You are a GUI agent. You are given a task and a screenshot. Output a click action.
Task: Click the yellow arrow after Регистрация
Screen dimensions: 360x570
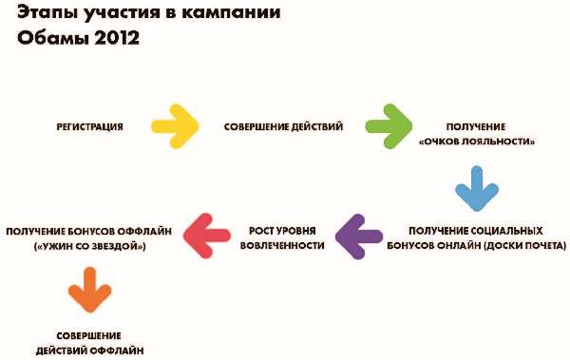tap(175, 125)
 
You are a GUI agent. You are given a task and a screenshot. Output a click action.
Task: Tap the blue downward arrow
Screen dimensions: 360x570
tap(475, 188)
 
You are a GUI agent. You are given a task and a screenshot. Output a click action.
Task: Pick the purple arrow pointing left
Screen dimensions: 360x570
tap(357, 237)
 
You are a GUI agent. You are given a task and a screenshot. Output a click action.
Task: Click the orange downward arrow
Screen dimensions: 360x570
tap(85, 288)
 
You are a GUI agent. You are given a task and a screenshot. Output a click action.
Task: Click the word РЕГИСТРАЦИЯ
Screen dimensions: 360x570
tap(88, 126)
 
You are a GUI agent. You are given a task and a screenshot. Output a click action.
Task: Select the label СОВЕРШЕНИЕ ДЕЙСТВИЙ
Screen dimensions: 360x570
tap(283, 126)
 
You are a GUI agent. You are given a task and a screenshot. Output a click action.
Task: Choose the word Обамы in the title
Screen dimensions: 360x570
tap(49, 40)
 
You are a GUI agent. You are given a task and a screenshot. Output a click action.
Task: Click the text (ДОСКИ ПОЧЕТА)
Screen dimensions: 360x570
tap(515, 246)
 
